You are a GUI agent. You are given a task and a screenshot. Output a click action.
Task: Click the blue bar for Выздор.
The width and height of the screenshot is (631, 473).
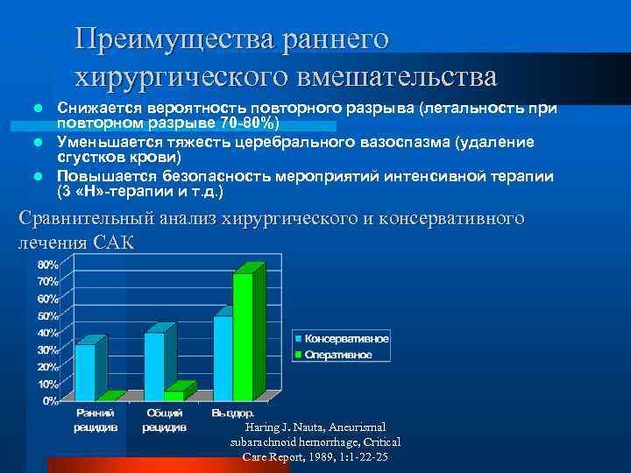tap(223, 357)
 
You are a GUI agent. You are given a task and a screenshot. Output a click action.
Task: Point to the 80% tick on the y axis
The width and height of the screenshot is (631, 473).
tap(47, 265)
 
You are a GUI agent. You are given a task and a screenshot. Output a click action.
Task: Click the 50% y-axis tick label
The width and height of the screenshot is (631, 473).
tap(47, 315)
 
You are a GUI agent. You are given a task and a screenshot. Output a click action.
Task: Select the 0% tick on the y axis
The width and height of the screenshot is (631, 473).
tap(51, 400)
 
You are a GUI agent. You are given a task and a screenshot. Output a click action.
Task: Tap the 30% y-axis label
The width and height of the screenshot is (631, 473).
tap(47, 349)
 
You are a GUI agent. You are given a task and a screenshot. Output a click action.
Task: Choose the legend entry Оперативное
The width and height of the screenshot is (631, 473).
tap(338, 355)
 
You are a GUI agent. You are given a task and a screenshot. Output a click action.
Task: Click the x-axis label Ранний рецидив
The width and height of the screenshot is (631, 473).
tap(92, 420)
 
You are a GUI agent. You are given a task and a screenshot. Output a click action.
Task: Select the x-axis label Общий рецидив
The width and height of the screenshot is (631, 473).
tap(164, 420)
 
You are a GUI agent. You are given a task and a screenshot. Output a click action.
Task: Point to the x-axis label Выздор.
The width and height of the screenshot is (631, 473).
tap(233, 413)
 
